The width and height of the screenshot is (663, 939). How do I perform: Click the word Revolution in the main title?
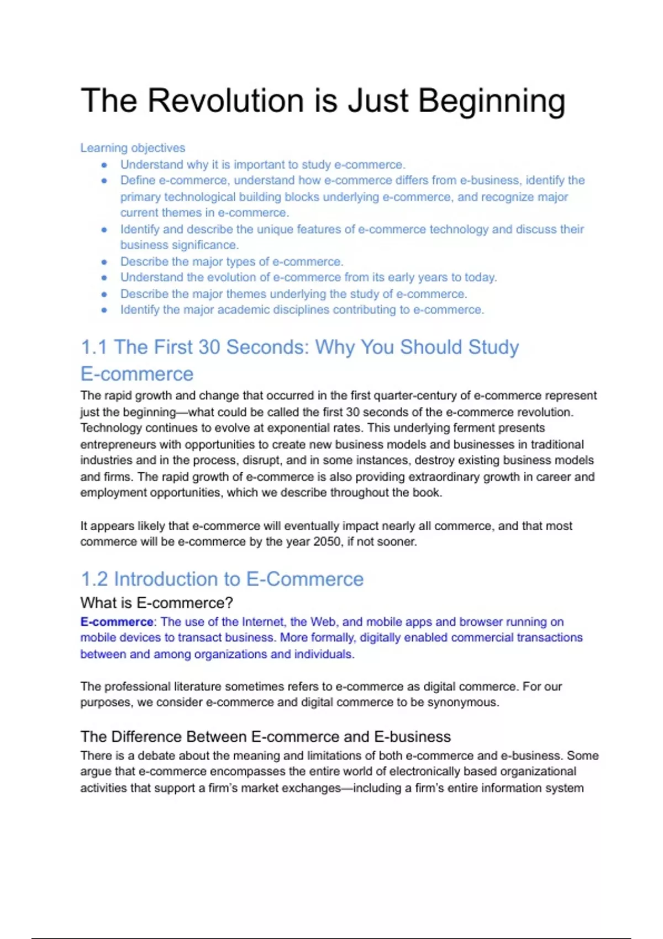pos(226,101)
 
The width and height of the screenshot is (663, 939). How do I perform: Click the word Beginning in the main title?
pos(492,102)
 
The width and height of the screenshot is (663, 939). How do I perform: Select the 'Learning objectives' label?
pos(133,148)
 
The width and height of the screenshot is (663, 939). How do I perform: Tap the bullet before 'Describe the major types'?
pos(104,262)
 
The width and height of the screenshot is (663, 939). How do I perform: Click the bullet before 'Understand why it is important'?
pos(104,165)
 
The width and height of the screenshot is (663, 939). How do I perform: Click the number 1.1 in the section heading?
pos(94,347)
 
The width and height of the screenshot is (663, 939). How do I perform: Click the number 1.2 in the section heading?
pos(94,579)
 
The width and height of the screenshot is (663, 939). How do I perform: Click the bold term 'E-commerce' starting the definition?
pos(117,622)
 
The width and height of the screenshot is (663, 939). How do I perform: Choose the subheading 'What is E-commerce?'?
pos(156,603)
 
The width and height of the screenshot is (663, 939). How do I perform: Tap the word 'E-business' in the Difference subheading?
pos(412,737)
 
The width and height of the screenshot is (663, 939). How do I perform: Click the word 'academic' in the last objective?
pos(244,310)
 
